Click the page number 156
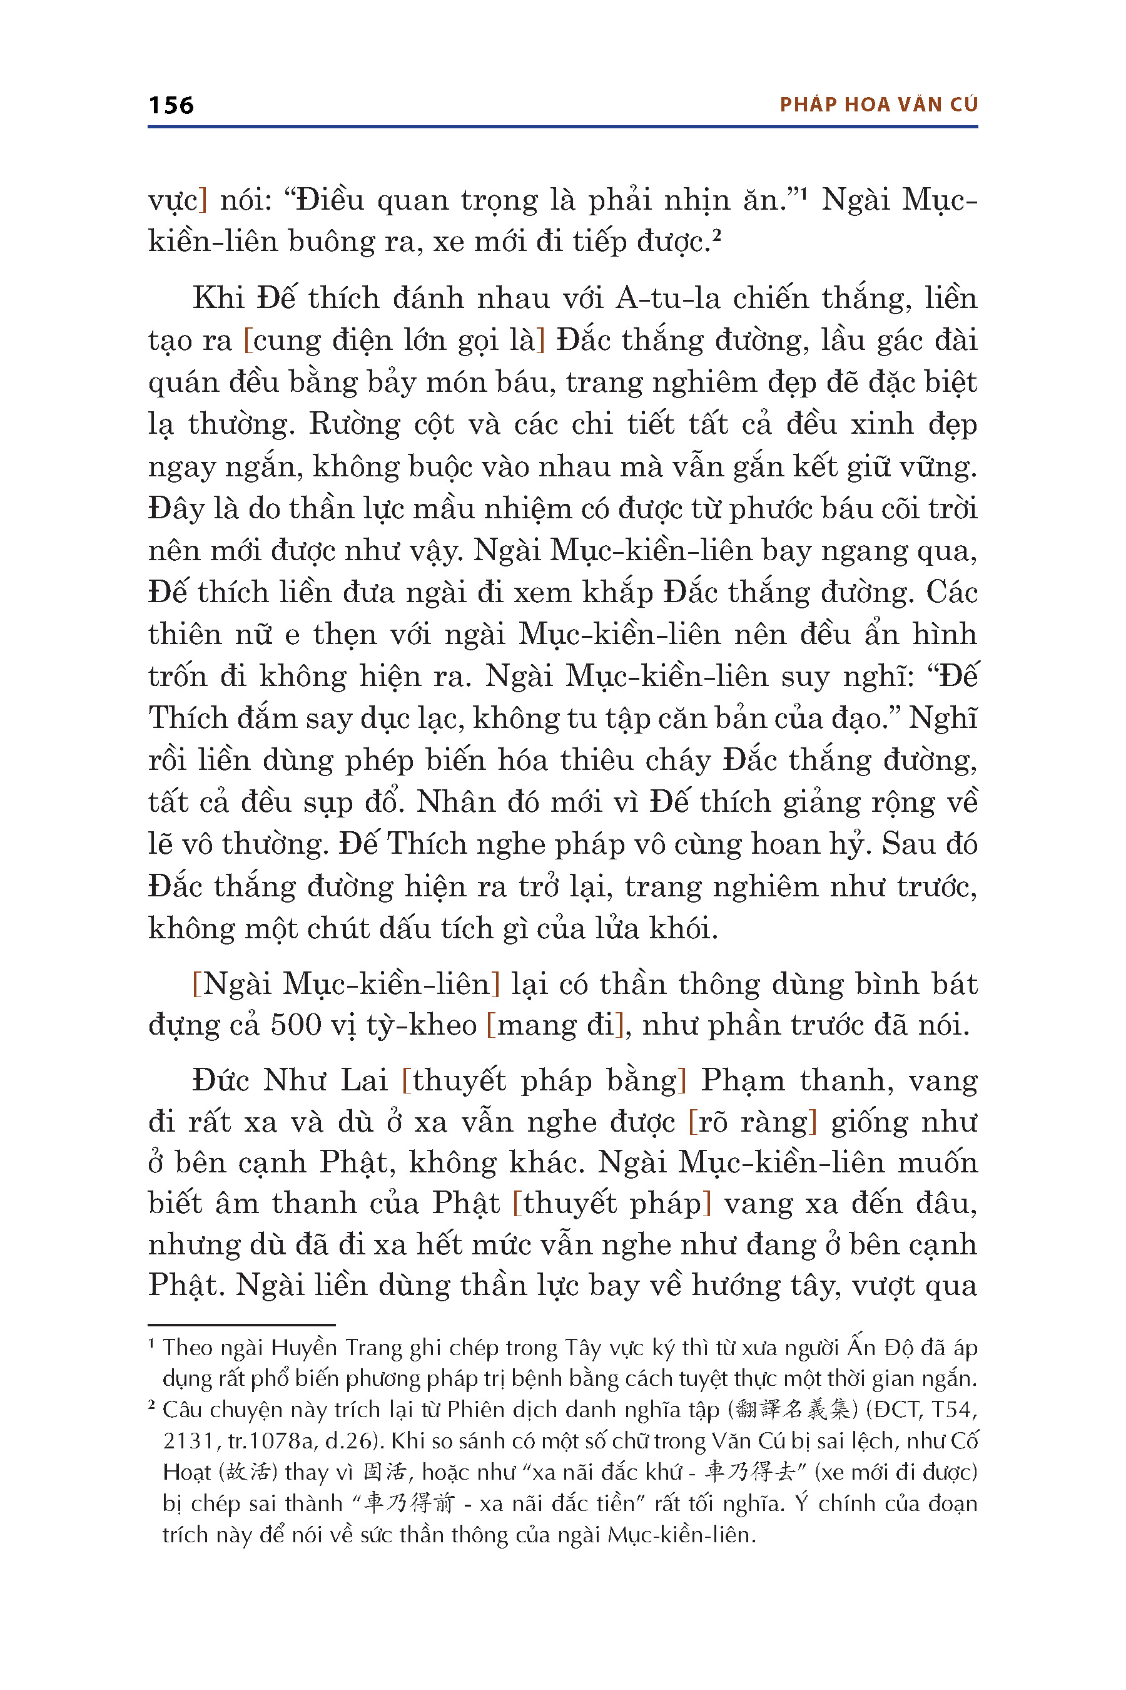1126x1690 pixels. point(171,106)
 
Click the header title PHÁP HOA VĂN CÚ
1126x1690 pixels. point(878,105)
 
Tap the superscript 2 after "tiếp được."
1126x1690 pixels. point(716,236)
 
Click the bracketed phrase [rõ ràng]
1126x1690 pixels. point(753,1122)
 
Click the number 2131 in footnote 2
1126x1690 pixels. point(188,1441)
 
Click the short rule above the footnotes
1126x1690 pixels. point(241,1324)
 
